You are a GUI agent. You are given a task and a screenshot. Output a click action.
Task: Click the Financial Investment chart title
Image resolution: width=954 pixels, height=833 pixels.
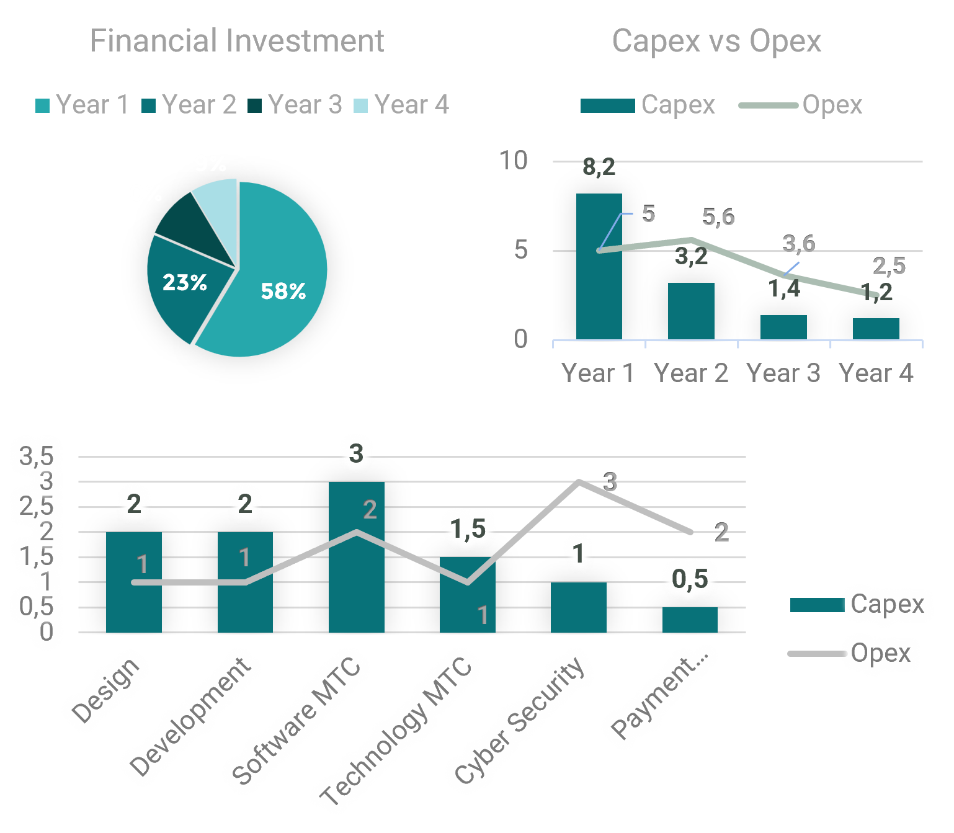237,41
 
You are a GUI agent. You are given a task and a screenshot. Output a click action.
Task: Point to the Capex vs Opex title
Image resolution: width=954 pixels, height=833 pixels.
716,41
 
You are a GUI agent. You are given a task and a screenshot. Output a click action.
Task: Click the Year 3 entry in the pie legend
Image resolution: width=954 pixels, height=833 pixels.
296,105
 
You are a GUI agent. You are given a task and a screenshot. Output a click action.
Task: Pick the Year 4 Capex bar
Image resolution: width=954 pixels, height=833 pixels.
876,329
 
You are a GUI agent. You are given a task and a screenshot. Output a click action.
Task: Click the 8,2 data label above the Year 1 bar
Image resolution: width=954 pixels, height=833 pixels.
599,167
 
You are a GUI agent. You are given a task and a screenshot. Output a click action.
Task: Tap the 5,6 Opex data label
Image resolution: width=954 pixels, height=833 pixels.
718,217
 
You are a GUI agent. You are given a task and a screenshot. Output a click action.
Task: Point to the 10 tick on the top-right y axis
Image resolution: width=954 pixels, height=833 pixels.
514,161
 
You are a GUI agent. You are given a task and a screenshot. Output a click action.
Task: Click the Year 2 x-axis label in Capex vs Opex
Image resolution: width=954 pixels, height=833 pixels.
690,373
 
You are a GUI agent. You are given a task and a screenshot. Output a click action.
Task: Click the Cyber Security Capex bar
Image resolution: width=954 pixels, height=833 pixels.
578,608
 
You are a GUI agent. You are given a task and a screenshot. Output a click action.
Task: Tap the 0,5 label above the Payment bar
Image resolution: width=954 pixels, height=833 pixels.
690,579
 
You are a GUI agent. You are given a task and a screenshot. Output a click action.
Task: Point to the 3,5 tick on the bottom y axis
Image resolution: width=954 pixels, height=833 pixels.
37,457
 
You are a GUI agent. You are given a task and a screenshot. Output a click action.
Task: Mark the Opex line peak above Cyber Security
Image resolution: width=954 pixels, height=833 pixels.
578,481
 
